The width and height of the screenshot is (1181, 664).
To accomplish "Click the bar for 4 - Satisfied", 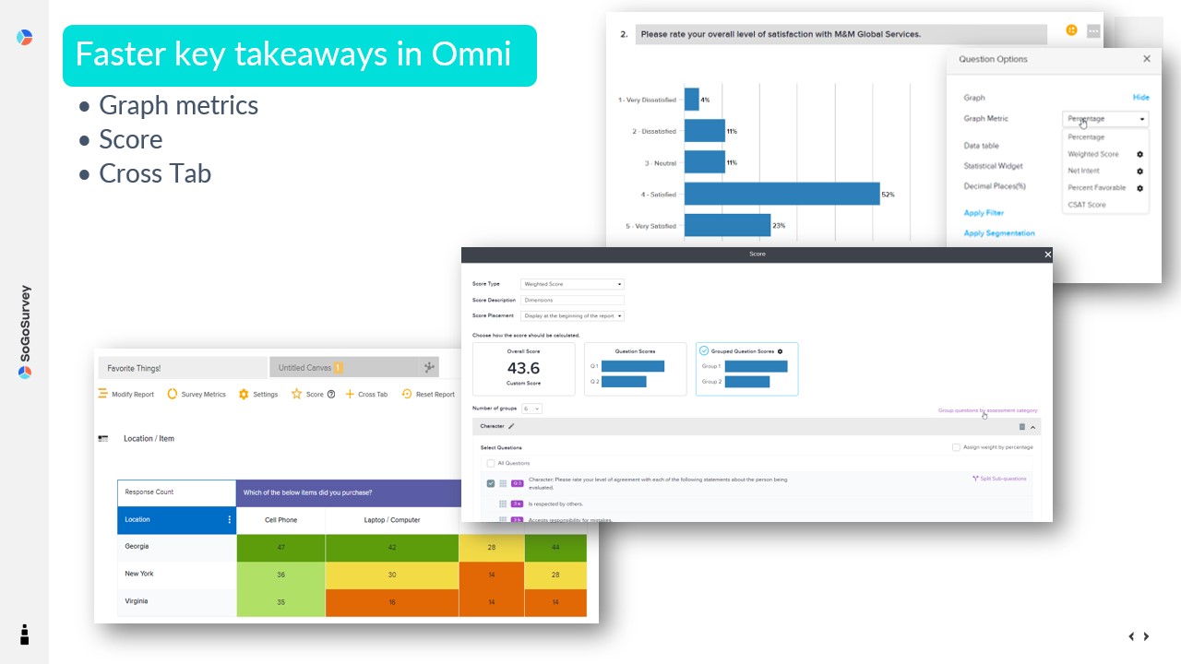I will [x=781, y=194].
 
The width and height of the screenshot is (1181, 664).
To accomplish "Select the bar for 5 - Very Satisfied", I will [x=727, y=225].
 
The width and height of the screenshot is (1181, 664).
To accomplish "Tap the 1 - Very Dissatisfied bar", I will [x=691, y=100].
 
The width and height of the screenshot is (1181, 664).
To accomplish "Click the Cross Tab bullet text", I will [x=155, y=173].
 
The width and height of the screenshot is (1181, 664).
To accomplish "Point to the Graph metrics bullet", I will [x=178, y=105].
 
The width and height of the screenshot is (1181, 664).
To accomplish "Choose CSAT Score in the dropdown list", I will [x=1086, y=205].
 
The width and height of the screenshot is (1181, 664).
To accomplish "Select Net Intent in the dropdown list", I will [x=1083, y=171].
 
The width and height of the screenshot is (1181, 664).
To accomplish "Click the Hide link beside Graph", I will [x=1140, y=97].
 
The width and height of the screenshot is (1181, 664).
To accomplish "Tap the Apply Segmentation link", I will [x=999, y=233].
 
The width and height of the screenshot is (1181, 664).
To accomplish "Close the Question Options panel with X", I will [x=1147, y=59].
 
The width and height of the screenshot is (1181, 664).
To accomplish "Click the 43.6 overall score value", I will [x=523, y=368].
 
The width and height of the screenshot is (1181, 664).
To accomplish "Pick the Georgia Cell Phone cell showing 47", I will [x=280, y=547].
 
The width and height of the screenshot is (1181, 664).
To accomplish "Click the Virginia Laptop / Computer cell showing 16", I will [x=391, y=602].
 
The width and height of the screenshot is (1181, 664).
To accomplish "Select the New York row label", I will [x=139, y=574].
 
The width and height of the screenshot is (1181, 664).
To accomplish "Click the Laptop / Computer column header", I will [x=391, y=520].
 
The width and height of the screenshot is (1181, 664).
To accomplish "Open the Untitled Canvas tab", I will [x=305, y=368].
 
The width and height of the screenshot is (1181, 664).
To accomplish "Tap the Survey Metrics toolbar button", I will [x=197, y=395].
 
